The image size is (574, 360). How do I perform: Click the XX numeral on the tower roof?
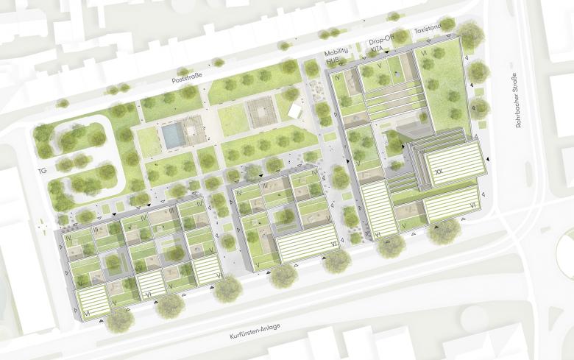click(440, 170)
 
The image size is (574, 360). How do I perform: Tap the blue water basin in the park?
click(171, 135)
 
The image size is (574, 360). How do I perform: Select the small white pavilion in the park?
click(296, 110)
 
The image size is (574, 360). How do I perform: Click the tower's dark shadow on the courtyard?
click(401, 140)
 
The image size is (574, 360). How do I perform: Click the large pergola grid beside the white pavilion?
click(260, 113)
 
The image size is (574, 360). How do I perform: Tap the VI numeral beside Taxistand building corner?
click(423, 54)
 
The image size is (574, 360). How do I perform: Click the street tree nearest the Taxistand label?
click(470, 33)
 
